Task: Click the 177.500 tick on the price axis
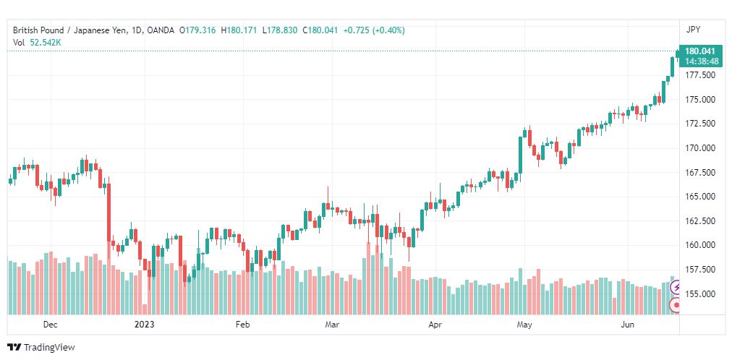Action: point(699,75)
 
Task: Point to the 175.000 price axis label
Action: point(699,99)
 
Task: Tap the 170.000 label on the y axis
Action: point(699,147)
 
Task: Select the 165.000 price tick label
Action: point(699,197)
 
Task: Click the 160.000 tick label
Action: point(699,245)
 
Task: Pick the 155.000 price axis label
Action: point(699,293)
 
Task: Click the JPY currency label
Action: point(693,30)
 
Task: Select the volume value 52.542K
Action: point(46,43)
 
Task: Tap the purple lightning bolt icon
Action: point(676,287)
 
